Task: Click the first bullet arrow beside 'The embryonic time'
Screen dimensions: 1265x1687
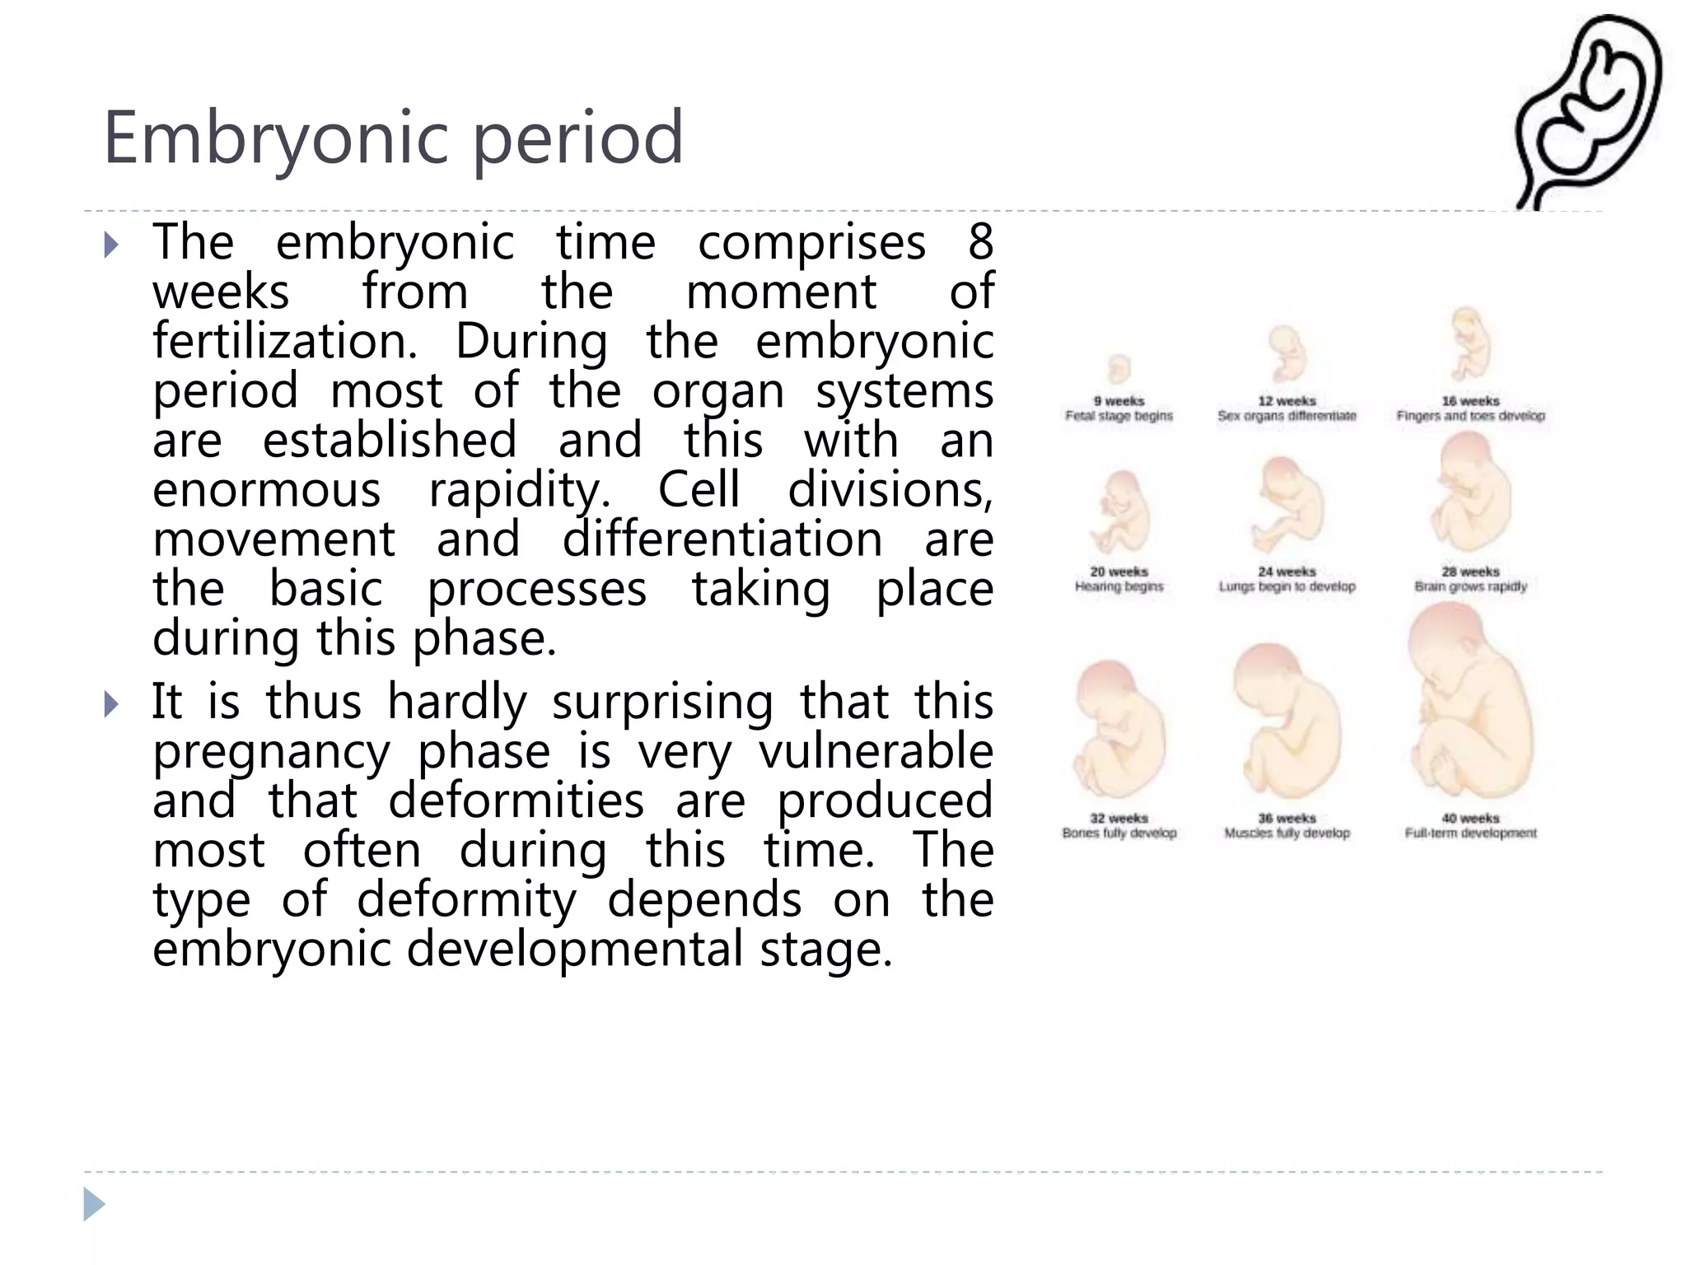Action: (x=112, y=245)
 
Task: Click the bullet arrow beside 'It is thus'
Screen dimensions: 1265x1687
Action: (x=112, y=704)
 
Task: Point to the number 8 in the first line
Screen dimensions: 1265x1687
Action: (x=980, y=243)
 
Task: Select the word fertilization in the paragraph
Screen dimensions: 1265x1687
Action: (x=285, y=342)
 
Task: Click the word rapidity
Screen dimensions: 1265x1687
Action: (x=520, y=490)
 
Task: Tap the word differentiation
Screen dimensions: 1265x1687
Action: (x=722, y=539)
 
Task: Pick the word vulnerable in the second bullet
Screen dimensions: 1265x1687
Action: (x=876, y=751)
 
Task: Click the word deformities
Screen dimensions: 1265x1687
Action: (x=516, y=801)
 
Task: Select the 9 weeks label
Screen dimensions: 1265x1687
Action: (x=1119, y=401)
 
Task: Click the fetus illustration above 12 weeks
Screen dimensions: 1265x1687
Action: (x=1286, y=354)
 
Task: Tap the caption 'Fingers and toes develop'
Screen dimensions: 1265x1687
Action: (x=1470, y=416)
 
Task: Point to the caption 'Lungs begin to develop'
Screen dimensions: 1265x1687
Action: (x=1287, y=586)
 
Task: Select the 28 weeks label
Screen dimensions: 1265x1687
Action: (x=1470, y=572)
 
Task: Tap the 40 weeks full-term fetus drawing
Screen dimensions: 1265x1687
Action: (x=1469, y=704)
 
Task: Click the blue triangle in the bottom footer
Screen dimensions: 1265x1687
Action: (x=94, y=1204)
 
